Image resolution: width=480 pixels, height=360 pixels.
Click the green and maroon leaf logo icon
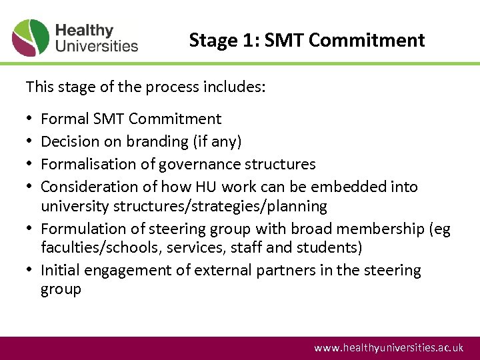tap(31, 37)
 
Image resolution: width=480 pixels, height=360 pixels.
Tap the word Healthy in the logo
tap(85, 31)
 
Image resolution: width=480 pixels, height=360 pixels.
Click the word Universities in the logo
tap(97, 46)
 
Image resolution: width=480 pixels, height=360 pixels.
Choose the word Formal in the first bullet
tap(65, 119)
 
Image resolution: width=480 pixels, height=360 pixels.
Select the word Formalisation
tap(85, 164)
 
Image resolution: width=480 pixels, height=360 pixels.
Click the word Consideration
tap(86, 187)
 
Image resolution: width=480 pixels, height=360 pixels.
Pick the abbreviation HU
tap(211, 187)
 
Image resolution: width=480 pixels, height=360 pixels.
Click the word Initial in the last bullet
tap(60, 271)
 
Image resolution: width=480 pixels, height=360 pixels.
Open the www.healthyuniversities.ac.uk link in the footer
tap(389, 347)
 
